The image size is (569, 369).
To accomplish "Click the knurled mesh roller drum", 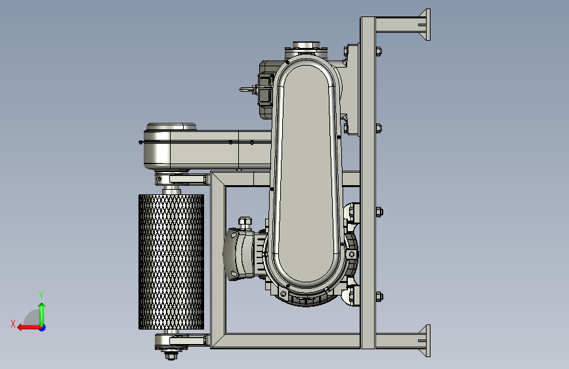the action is coord(171,261).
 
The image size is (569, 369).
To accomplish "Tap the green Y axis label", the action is coord(41,295).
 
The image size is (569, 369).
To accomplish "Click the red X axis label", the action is coord(13,324).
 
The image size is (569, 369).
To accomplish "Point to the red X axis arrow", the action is coord(29,328).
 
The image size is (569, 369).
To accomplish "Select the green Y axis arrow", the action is coord(42,315).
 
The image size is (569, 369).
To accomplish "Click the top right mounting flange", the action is coord(425,25).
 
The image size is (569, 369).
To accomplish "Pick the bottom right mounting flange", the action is coord(425,341).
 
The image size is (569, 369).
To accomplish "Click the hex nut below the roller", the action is coord(171,355).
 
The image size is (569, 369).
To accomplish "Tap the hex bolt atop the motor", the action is coord(245,223).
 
